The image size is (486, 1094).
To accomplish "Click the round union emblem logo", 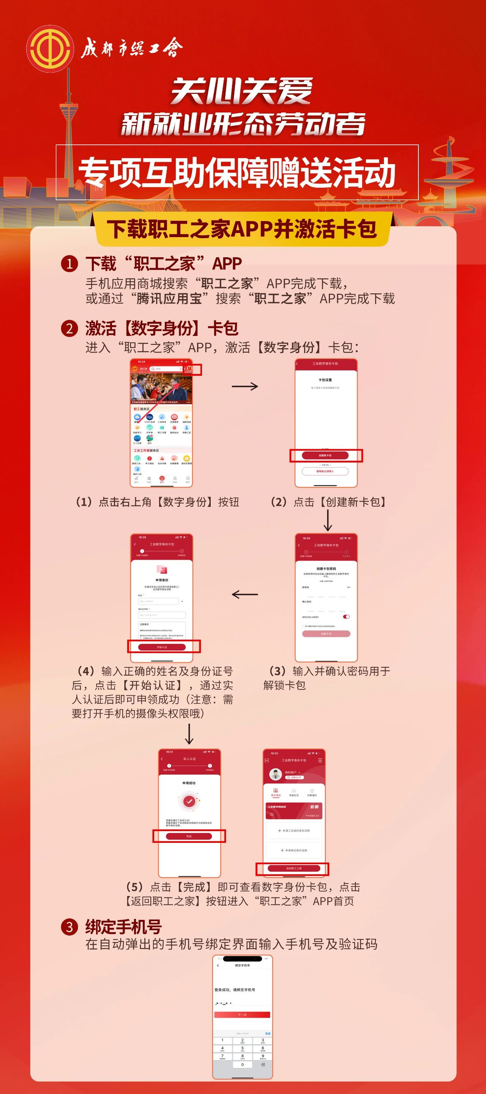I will coord(50,49).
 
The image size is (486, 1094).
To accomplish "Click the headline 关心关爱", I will coord(241,91).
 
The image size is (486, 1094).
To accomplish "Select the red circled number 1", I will coord(69,264).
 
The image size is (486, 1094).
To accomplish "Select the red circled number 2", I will coord(69,328).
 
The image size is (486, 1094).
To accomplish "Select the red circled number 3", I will coord(69,927).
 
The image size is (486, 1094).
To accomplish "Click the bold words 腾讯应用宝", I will coord(169,299).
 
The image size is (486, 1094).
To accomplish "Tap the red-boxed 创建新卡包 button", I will coord(325,455).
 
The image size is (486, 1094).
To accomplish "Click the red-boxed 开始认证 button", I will coord(162,647).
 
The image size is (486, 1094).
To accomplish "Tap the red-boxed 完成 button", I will coord(189,836).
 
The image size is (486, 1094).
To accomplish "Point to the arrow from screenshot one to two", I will coord(245,386).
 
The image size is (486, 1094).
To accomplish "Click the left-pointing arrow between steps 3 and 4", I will coord(245,594).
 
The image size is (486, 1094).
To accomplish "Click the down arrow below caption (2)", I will coord(328,520).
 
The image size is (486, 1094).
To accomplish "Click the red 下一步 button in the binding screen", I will coord(242,1015).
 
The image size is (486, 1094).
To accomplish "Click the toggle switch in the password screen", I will coord(346,617).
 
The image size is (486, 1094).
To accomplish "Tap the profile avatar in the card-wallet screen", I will coord(276,774).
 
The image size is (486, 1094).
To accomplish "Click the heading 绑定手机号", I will coord(123,927).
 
